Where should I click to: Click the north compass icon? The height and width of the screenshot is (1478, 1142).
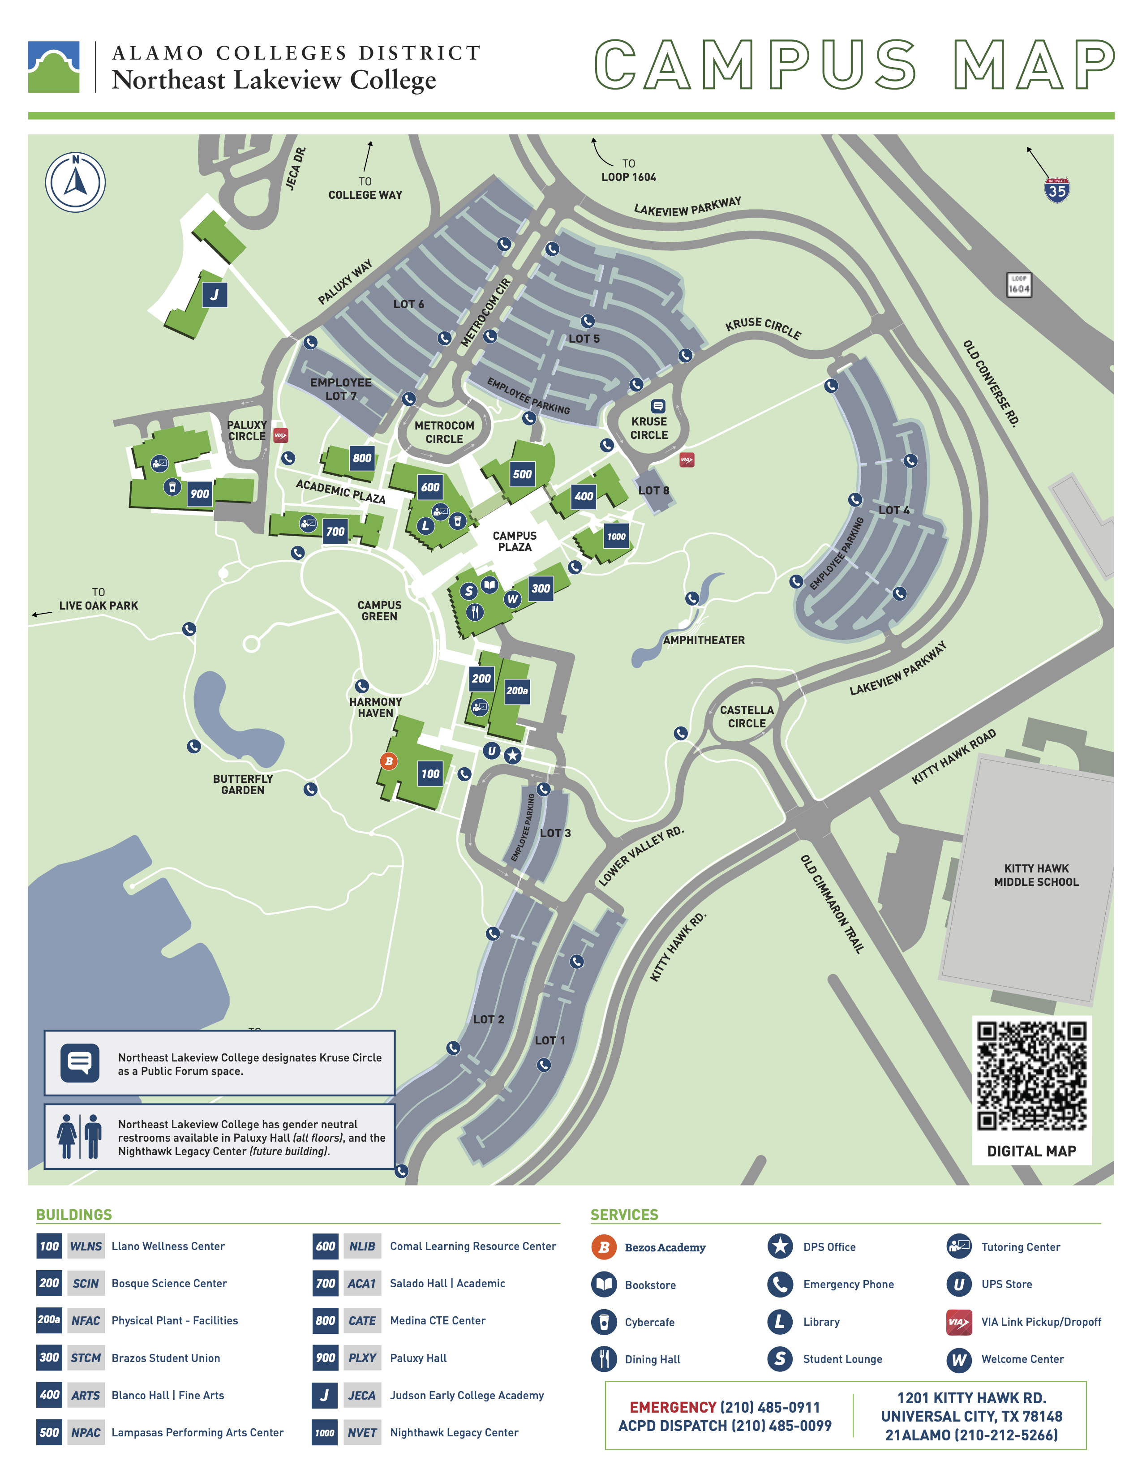pos(75,182)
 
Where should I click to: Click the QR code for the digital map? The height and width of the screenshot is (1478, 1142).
pos(1031,1076)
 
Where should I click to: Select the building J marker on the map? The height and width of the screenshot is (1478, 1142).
pos(215,294)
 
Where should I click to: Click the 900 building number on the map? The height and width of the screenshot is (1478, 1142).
pos(200,494)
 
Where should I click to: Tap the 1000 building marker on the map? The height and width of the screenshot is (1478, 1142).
pos(616,537)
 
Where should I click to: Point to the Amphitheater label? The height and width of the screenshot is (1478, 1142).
pos(704,640)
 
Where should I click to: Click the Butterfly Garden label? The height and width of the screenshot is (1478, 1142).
pos(243,784)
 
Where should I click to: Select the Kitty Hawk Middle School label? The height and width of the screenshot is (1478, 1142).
pos(1036,875)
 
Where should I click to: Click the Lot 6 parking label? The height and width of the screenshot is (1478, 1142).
pos(408,305)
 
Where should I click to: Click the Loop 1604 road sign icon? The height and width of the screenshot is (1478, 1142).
pos(1018,285)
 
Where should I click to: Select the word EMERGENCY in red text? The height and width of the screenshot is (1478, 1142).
pos(673,1407)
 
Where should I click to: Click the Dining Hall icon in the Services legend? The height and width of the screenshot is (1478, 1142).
pos(604,1359)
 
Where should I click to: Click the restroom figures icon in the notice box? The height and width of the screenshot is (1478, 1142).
pos(80,1137)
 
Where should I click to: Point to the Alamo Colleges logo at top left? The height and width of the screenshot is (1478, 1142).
pos(53,67)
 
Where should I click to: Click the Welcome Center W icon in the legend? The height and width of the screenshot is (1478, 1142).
pos(959,1359)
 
